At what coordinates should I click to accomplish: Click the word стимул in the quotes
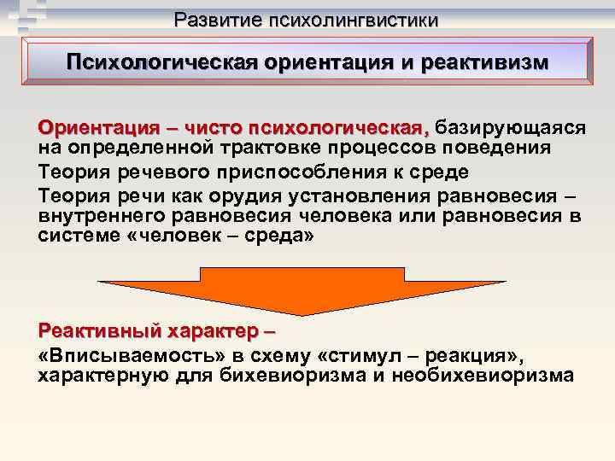pos(385,354)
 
